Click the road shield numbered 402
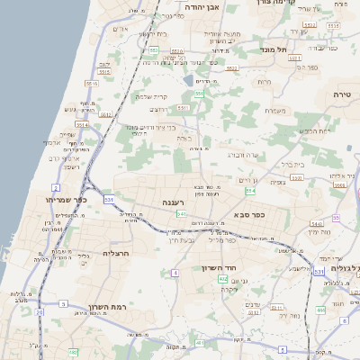pyautogui.click(x=222, y=279)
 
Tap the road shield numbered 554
pyautogui.click(x=250, y=191)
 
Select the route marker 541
pyautogui.click(x=182, y=214)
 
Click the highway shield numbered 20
pyautogui.click(x=40, y=313)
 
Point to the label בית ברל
pyautogui.click(x=292, y=165)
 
